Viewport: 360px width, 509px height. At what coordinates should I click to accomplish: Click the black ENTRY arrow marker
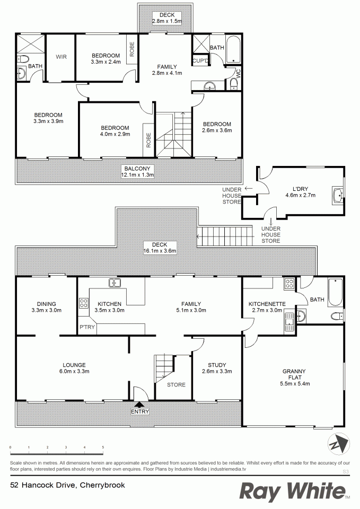[139, 405]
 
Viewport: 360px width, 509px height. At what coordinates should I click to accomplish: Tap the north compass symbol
[339, 445]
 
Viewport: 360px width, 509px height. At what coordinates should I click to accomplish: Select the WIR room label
[61, 57]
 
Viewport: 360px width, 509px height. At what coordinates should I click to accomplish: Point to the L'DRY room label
[300, 189]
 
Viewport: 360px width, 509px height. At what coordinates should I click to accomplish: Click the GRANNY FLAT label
[294, 374]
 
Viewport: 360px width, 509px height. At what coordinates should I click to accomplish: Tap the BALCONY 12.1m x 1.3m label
[137, 172]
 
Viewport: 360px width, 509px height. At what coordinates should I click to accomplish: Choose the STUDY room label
[217, 365]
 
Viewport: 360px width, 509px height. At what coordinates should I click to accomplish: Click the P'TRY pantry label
[87, 327]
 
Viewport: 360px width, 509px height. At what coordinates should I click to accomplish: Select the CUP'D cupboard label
[200, 60]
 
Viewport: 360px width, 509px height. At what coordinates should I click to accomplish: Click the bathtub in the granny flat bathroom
[335, 292]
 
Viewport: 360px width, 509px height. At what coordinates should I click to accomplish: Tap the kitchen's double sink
[115, 283]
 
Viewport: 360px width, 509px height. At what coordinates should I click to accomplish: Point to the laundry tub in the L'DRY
[338, 195]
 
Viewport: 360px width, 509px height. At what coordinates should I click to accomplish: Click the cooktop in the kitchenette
[289, 284]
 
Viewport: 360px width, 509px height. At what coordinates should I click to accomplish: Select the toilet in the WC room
[233, 84]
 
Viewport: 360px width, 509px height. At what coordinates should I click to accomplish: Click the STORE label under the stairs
[176, 385]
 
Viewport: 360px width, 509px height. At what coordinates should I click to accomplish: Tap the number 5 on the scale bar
[103, 447]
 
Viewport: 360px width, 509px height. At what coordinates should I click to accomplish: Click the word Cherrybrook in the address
[102, 485]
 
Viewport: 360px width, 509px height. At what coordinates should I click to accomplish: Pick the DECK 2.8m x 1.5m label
[167, 18]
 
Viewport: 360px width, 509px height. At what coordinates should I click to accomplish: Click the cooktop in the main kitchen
[83, 303]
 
